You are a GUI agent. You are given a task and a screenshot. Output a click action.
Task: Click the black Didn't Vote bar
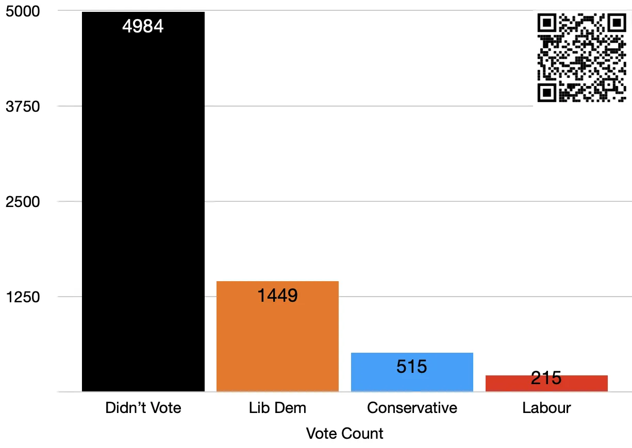pos(143,206)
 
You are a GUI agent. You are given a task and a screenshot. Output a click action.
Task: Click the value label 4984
pos(143,26)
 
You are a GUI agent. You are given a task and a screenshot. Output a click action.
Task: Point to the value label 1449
pos(277,296)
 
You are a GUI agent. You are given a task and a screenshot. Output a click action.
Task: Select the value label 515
pos(412,367)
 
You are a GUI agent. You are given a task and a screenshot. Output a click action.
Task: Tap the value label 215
pos(546,378)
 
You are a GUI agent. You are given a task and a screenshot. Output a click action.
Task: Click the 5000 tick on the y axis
pos(23,11)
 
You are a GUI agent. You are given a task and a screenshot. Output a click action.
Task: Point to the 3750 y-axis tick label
pos(23,107)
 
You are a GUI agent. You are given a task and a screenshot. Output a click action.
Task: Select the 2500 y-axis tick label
pos(23,202)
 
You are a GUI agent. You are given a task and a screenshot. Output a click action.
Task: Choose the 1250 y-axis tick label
pos(23,297)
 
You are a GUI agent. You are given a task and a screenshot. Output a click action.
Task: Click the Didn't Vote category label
pos(143,408)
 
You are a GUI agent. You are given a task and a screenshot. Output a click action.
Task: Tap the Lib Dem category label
pos(277,408)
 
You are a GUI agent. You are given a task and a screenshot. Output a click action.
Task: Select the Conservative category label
pos(412,408)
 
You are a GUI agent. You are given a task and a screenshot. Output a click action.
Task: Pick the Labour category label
pos(546,408)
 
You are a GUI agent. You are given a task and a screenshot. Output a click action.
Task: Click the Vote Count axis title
pos(344,434)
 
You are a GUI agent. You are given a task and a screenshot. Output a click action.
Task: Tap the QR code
pos(581,58)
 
